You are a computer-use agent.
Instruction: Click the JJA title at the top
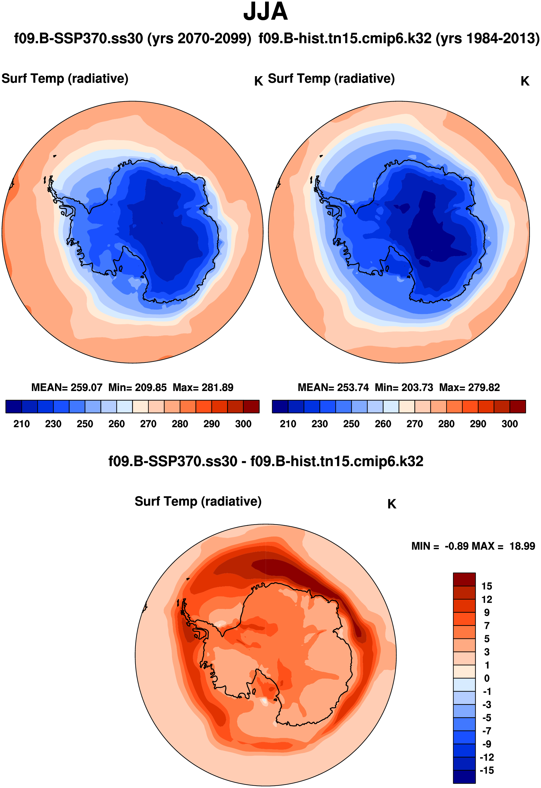coord(265,12)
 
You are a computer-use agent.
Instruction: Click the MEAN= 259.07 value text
coord(67,387)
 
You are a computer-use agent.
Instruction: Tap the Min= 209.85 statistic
coord(137,387)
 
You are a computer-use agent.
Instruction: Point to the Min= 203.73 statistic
coord(404,387)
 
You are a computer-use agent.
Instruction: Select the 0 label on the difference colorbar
coord(487,679)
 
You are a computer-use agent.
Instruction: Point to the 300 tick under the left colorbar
coord(243,424)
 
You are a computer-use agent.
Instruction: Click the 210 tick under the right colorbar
coord(288,424)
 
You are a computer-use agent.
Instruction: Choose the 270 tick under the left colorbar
coord(148,424)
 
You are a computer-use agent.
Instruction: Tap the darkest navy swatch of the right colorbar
coord(280,406)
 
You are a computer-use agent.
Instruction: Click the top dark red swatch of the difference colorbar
coord(464,579)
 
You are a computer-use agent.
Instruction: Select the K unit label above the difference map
coord(391,504)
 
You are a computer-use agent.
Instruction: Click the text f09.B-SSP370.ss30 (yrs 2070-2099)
coord(133,39)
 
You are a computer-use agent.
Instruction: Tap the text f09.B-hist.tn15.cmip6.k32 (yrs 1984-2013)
coord(399,39)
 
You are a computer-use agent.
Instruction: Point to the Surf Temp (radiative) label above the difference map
coord(198,502)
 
